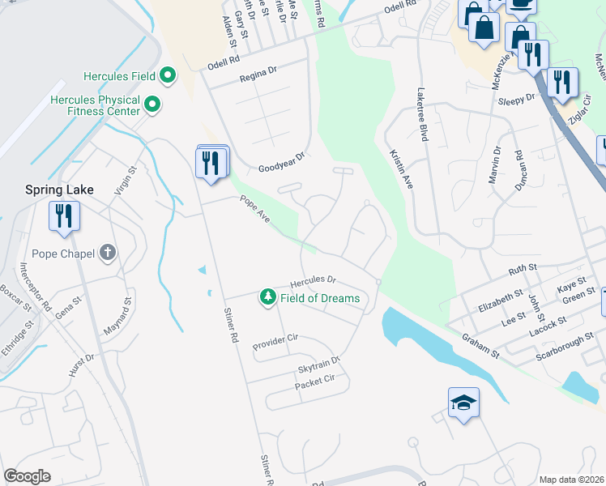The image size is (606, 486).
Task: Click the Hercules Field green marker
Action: click(168, 77)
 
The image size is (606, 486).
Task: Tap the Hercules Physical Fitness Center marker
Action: click(151, 103)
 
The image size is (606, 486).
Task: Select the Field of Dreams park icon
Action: click(267, 298)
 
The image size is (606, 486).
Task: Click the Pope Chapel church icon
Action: click(107, 253)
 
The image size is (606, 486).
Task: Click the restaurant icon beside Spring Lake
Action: click(63, 215)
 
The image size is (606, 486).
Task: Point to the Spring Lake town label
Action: click(58, 190)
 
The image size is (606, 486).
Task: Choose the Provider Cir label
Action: click(275, 340)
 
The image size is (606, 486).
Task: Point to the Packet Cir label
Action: click(314, 379)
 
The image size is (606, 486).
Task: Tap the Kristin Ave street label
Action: click(402, 169)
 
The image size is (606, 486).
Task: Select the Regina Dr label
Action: click(258, 74)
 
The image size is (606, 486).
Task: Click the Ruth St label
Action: click(523, 267)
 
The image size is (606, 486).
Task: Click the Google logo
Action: click(27, 475)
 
